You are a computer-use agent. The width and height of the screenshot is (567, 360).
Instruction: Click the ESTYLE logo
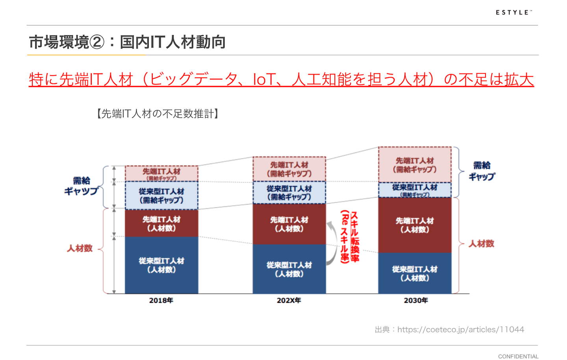tap(513, 13)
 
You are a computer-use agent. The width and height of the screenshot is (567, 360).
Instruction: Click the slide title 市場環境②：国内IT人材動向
tap(127, 42)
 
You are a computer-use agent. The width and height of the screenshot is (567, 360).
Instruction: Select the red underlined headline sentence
tap(281, 79)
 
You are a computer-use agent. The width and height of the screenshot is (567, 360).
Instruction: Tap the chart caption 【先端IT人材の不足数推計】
tap(157, 114)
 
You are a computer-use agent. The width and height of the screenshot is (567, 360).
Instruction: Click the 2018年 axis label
tap(161, 301)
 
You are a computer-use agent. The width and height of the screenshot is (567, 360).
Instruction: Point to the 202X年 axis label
tap(289, 301)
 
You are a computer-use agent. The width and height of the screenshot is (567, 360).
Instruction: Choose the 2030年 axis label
tap(416, 301)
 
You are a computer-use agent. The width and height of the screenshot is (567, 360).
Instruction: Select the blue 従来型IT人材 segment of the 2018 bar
tap(161, 265)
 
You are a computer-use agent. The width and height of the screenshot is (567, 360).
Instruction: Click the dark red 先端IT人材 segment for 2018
tap(161, 223)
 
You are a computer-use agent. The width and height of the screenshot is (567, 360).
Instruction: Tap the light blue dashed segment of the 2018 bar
tap(161, 195)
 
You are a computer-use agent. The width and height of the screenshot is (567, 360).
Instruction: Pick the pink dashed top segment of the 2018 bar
tap(161, 173)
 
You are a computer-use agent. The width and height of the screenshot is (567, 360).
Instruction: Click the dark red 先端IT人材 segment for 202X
tap(289, 224)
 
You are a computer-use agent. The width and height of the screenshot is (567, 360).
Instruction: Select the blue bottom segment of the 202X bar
tap(289, 269)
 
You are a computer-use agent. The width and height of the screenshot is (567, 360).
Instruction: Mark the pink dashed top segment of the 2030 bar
tap(415, 165)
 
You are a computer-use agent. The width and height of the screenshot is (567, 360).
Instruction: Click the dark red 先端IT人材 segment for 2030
tap(415, 225)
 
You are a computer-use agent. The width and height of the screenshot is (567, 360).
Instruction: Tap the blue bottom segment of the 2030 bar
tap(415, 273)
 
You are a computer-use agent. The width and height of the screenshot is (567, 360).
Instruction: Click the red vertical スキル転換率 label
tap(350, 236)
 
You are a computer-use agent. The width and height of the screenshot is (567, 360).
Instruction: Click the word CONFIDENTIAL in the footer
tap(518, 356)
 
